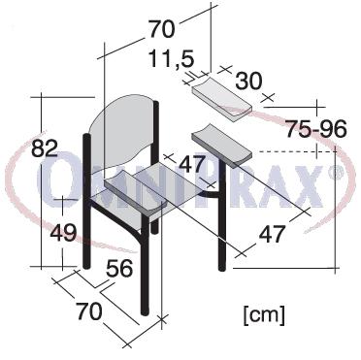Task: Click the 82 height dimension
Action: [45, 148]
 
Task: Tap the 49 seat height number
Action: [63, 232]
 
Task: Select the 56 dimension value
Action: [119, 268]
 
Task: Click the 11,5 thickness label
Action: [172, 59]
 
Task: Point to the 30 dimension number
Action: [248, 81]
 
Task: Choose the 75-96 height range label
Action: [316, 129]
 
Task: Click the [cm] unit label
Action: [264, 314]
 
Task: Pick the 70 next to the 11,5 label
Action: [162, 29]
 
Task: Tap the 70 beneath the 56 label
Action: [89, 311]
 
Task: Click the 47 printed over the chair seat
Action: [192, 164]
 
